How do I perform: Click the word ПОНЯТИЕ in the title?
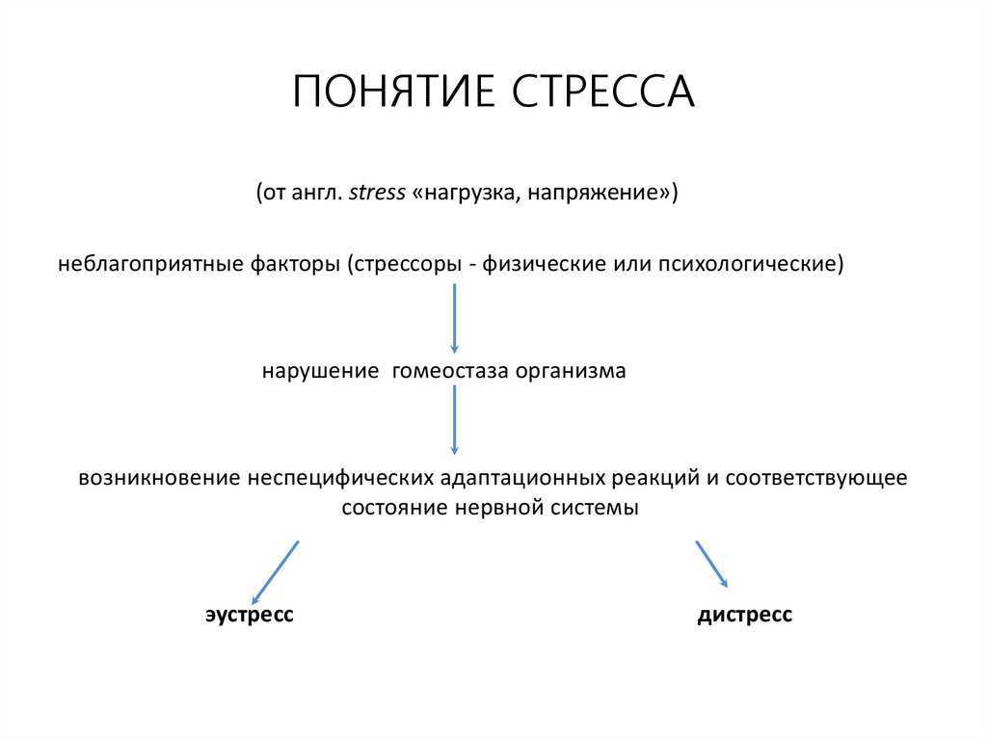point(394,92)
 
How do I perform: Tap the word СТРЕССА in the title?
point(602,92)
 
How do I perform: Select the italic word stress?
point(377,192)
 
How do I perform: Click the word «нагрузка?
point(467,193)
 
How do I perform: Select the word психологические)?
point(751,264)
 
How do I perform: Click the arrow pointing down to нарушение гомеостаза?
point(455,318)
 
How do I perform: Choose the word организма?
point(571,371)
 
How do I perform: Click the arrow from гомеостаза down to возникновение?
point(455,419)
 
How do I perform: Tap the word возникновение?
point(159,478)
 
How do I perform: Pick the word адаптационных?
point(522,478)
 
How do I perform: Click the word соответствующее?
point(816,478)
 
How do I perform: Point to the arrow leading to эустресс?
point(275,572)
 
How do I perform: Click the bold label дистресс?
point(745,615)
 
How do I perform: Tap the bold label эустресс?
point(250,615)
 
